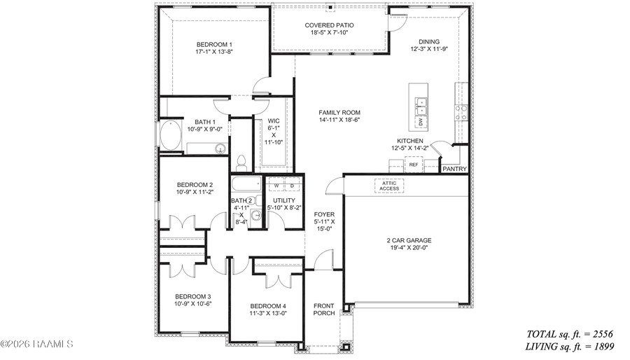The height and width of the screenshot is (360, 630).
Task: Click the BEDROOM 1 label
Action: (x=213, y=44)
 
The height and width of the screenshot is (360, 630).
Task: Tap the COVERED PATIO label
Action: (x=329, y=25)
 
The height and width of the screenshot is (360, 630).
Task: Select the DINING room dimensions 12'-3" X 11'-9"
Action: (x=428, y=49)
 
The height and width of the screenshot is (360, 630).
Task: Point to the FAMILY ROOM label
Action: (x=339, y=112)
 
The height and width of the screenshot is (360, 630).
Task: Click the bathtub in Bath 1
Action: (x=169, y=137)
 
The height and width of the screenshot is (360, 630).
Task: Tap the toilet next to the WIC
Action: (x=241, y=162)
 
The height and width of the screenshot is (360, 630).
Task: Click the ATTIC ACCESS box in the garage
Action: (x=389, y=185)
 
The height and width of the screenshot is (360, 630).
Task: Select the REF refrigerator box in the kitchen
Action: (x=414, y=165)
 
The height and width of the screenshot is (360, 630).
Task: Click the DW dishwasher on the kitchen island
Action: (x=421, y=122)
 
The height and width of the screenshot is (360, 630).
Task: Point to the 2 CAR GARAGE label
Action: (x=409, y=240)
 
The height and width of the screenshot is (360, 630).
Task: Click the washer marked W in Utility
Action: (x=276, y=186)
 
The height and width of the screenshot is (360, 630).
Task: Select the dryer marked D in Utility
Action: (x=292, y=186)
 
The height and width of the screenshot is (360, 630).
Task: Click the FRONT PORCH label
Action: (x=323, y=310)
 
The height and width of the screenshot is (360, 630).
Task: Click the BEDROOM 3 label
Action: (x=192, y=296)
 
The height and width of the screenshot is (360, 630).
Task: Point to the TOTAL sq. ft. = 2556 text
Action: (x=570, y=334)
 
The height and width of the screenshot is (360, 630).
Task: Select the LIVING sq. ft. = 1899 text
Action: (x=568, y=347)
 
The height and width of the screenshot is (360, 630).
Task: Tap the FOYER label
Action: (x=324, y=214)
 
